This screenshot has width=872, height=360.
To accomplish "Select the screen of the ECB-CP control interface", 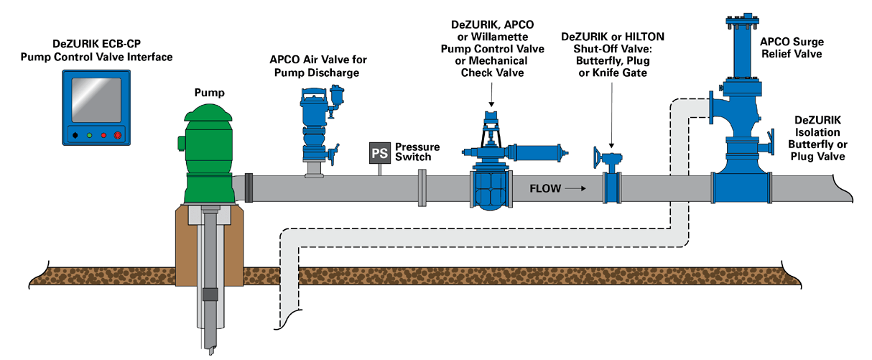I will (x=95, y=98).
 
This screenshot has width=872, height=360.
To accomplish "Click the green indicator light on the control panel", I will (x=89, y=134).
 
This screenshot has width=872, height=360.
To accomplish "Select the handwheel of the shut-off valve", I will (x=595, y=156).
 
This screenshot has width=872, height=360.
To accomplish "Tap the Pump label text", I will (x=210, y=93).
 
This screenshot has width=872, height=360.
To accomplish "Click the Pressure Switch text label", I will (x=417, y=152).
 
